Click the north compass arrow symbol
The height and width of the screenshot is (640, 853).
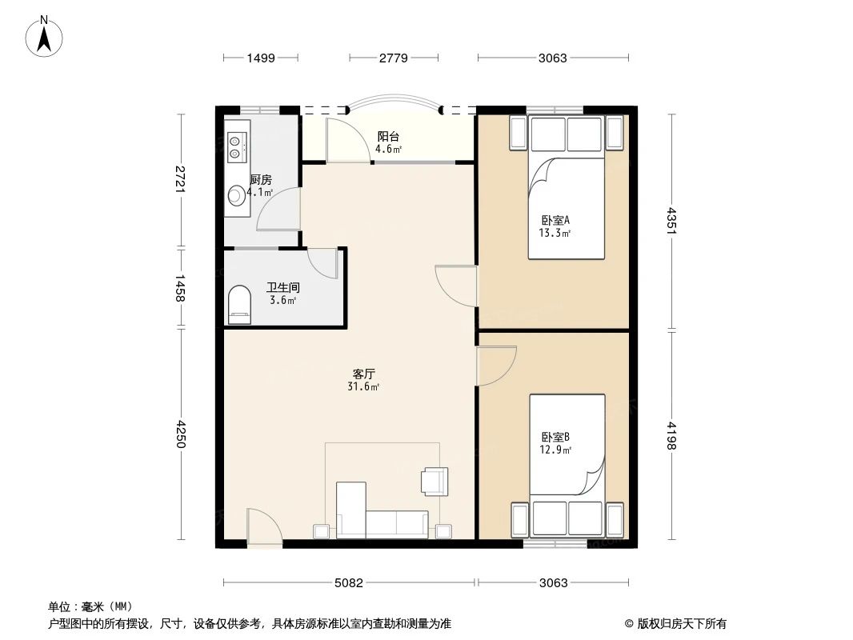46,37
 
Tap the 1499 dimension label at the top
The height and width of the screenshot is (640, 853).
261,58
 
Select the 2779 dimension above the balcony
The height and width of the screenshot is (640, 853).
394,58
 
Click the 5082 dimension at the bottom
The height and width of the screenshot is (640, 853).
349,582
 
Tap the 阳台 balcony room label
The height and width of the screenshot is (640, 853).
389,137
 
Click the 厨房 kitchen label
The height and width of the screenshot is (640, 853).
261,180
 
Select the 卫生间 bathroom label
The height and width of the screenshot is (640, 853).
282,287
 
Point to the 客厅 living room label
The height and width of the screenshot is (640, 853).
365,374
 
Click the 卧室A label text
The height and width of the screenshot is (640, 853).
555,220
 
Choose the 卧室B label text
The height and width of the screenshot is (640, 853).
555,437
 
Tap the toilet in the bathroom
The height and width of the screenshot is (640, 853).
239,305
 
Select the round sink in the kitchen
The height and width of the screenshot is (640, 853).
237,194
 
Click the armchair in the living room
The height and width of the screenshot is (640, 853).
435,480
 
